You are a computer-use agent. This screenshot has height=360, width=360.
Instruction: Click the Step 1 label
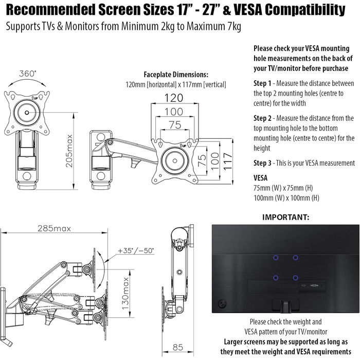click(x=263, y=83)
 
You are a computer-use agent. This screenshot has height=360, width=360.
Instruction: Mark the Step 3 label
click(x=263, y=163)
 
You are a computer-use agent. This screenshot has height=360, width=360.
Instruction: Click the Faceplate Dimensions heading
click(x=176, y=74)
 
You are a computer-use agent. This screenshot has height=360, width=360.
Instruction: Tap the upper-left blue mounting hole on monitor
click(x=275, y=258)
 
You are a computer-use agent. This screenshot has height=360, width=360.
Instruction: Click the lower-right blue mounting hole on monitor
click(x=295, y=278)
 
